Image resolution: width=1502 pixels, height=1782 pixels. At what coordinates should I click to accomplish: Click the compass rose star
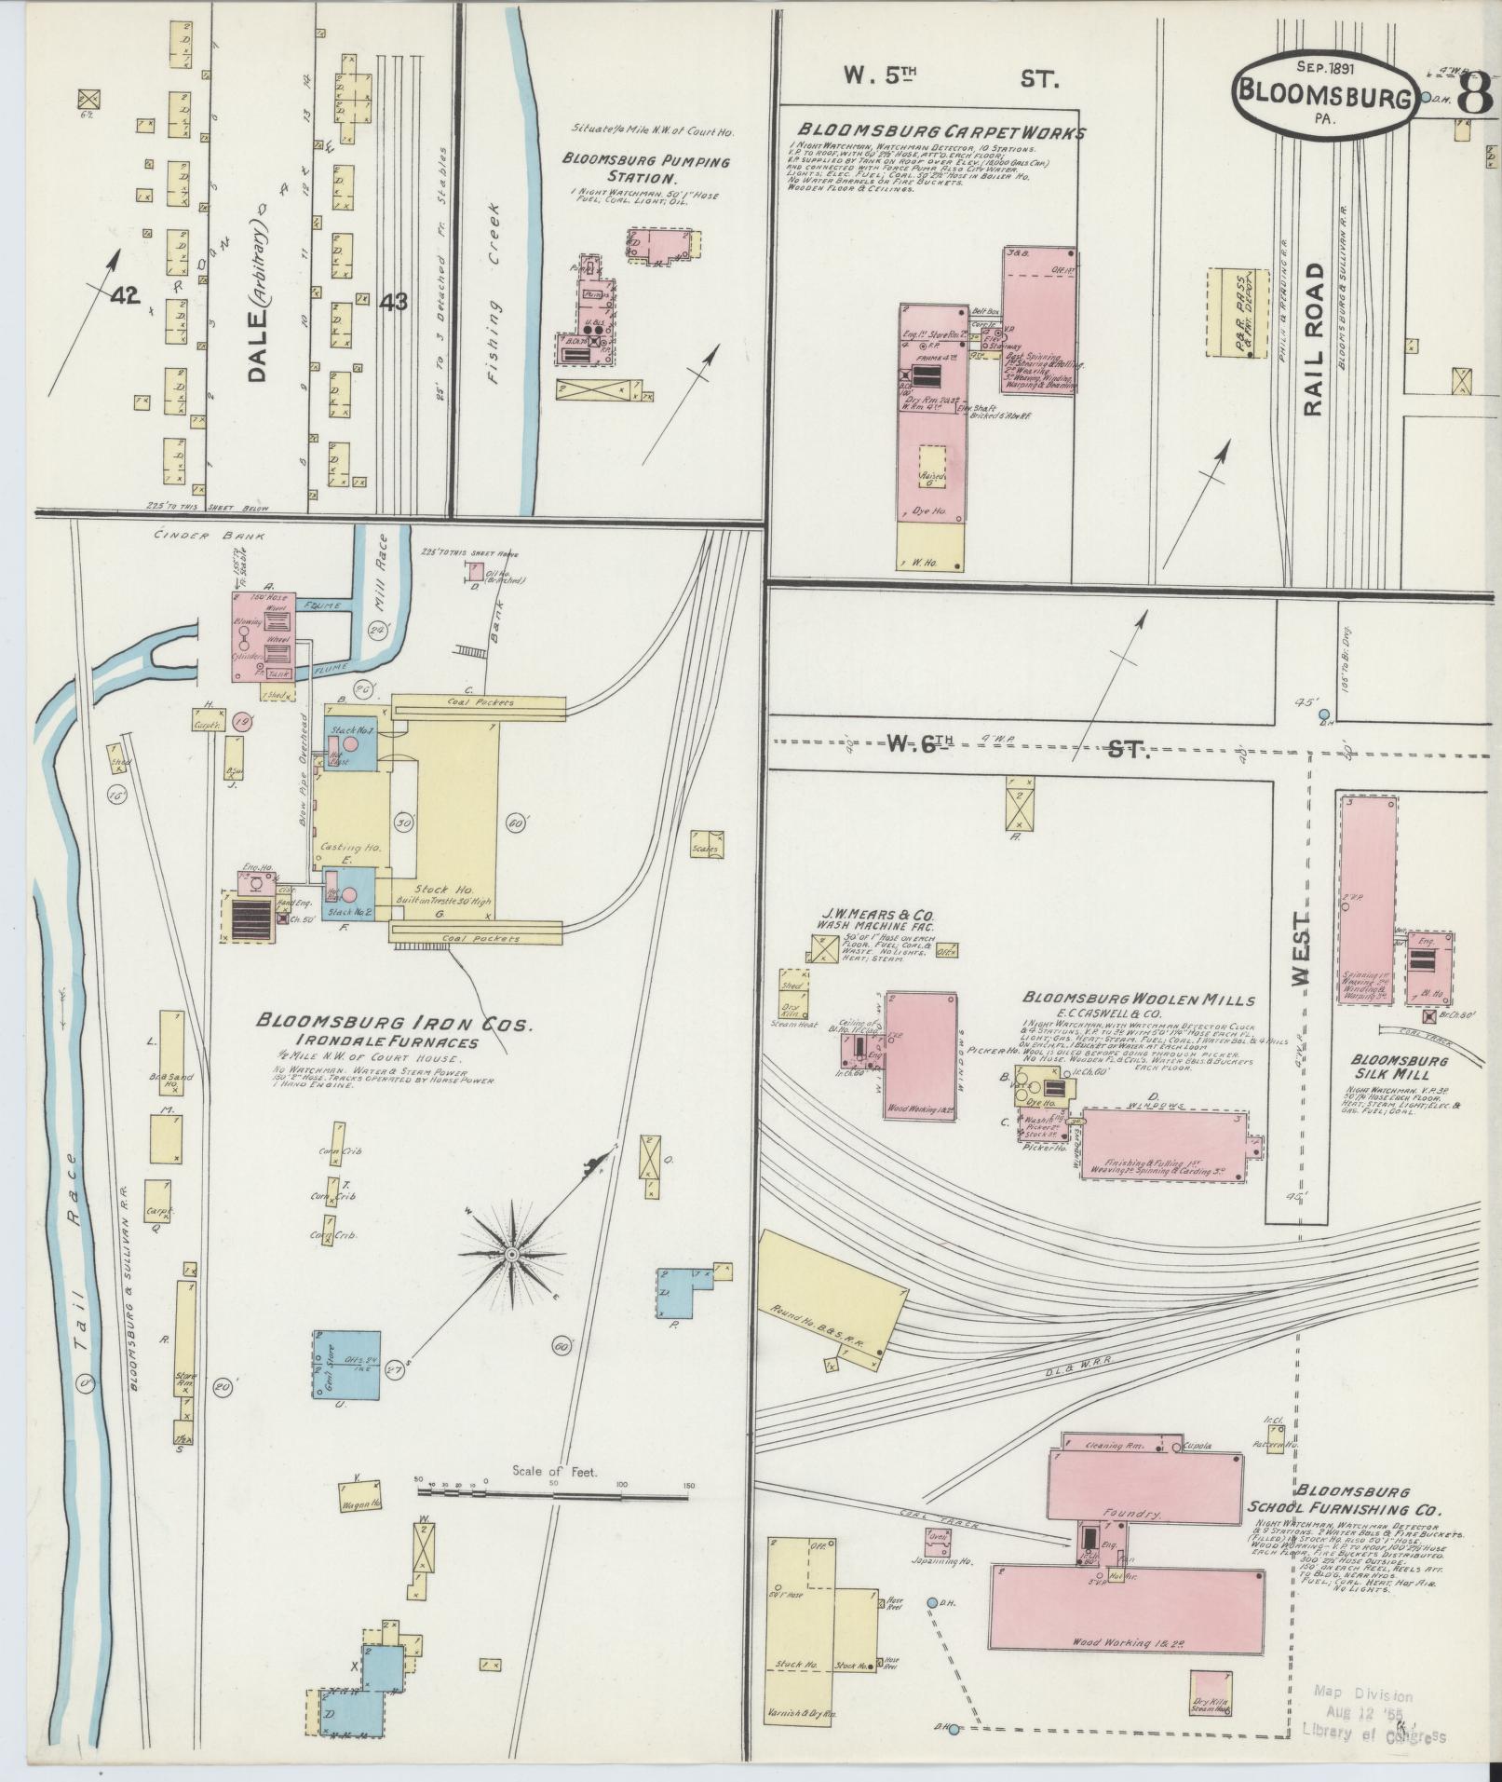510,1255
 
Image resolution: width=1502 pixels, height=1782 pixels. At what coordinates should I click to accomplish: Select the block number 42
123,296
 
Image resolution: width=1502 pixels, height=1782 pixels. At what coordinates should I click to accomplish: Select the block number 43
393,302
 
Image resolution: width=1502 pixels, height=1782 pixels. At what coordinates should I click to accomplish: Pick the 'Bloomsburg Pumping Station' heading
645,169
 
